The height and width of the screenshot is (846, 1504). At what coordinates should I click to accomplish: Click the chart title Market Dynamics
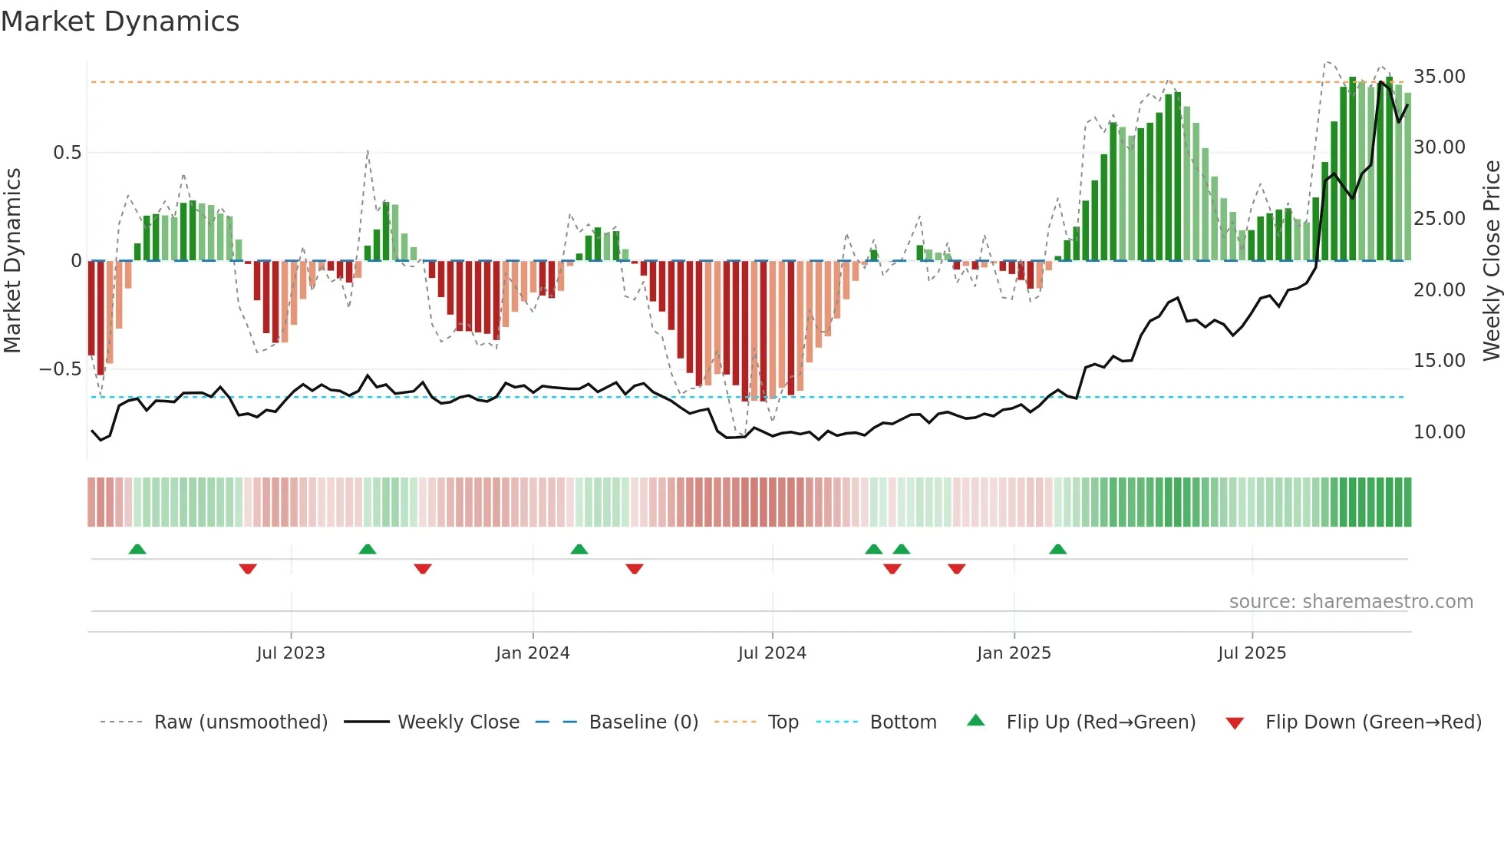click(120, 21)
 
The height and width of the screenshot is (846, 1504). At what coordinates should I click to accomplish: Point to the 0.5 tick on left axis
click(67, 153)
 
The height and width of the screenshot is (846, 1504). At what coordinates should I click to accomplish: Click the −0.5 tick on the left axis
click(60, 369)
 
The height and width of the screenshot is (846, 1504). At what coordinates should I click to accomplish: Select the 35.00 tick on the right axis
click(1439, 77)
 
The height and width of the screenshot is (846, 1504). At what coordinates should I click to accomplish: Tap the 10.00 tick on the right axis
click(1439, 432)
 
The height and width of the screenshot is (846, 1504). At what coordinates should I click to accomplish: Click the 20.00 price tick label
click(1439, 290)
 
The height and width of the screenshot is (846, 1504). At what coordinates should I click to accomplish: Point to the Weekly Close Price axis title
click(1491, 260)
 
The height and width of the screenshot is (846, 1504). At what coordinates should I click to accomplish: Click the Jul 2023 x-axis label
click(291, 653)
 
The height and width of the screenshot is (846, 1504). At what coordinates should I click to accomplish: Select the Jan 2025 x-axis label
click(1014, 653)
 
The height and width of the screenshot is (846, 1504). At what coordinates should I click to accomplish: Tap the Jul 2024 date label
click(772, 653)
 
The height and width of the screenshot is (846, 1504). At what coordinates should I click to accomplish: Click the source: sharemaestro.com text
click(1351, 602)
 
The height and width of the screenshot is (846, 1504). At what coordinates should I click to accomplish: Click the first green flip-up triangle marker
click(137, 550)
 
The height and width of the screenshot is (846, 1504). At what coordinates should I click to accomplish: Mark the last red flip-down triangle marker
click(956, 569)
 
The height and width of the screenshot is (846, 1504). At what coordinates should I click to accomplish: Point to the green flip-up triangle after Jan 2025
click(1057, 550)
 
